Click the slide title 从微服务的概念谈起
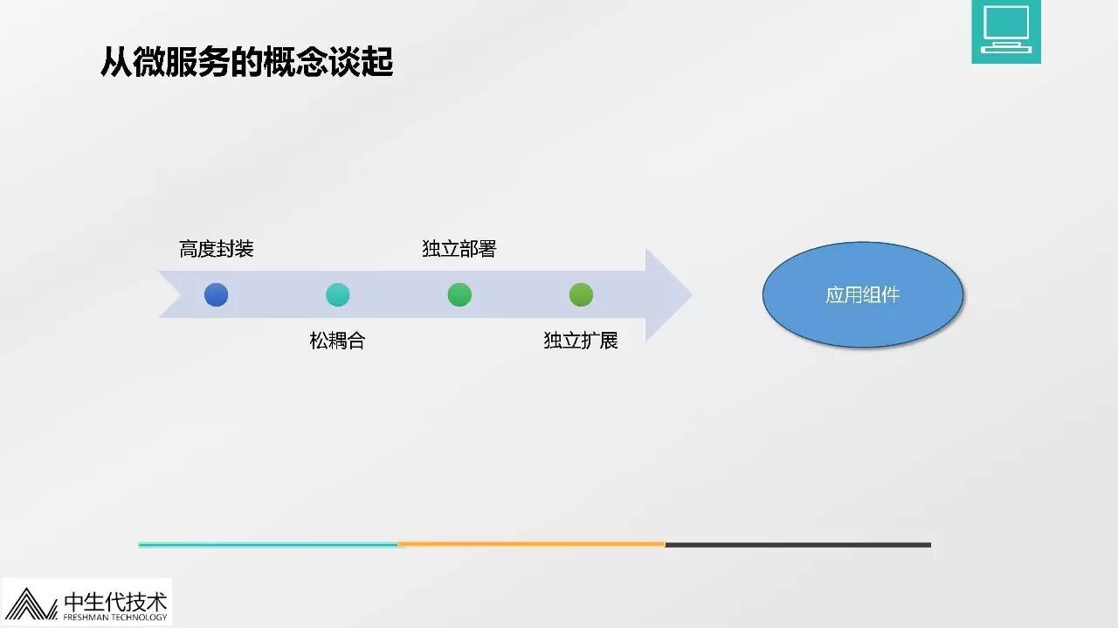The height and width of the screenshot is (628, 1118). tap(246, 62)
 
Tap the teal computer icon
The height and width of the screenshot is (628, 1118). tap(1005, 31)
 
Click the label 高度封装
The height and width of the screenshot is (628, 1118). tap(216, 250)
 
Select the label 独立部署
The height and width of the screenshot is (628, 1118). tap(459, 250)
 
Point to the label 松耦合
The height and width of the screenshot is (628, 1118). tap(337, 341)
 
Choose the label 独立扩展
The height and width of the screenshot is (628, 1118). tap(581, 341)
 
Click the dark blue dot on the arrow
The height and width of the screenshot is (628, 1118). tap(216, 295)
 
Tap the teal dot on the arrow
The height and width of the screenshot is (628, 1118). tap(337, 295)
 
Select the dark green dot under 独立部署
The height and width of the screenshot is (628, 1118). tap(459, 295)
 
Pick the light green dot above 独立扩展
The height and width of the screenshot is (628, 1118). tap(581, 295)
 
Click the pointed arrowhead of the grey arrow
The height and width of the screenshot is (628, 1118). tap(667, 295)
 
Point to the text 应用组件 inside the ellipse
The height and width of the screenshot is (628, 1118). tap(863, 295)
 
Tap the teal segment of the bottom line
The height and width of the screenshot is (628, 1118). tap(267, 544)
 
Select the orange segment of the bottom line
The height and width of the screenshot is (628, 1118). tap(531, 544)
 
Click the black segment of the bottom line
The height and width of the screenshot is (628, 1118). tap(797, 544)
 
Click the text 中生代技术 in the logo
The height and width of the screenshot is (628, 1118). tap(115, 601)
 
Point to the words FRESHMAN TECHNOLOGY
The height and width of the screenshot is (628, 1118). tap(115, 618)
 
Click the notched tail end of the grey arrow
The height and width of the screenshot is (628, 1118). tap(171, 295)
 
